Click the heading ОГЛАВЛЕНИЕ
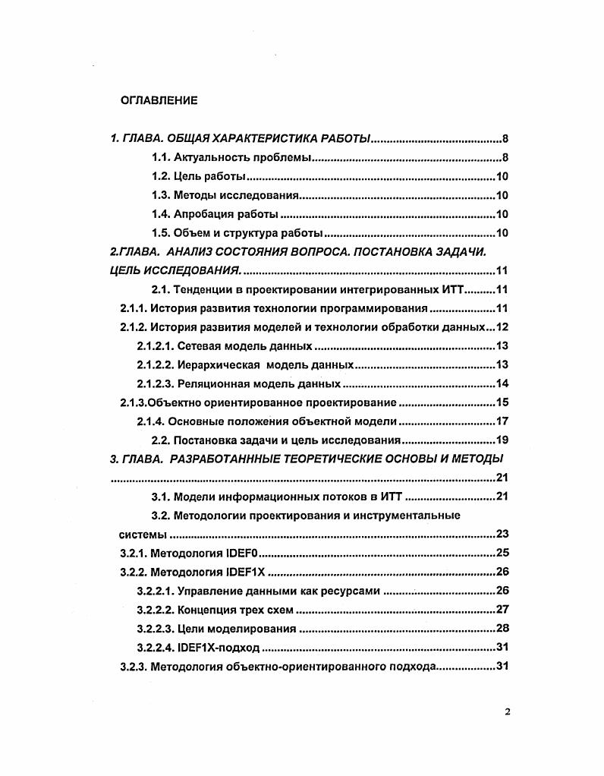159,100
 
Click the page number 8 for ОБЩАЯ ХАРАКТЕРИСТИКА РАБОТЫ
505,139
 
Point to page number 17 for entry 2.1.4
501,421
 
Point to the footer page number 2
507,712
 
